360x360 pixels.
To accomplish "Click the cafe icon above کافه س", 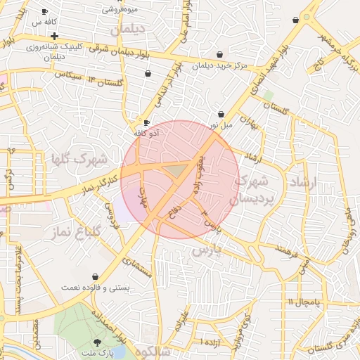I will [x=45, y=12].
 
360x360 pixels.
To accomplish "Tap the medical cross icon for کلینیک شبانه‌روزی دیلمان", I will [x=54, y=36].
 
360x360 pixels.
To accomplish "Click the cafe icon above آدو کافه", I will [x=146, y=122].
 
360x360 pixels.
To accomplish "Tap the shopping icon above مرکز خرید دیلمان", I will [x=220, y=54].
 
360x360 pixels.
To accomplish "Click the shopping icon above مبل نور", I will [x=221, y=114].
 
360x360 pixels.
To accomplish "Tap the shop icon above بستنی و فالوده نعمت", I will [x=95, y=277].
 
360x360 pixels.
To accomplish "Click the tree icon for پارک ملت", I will [x=97, y=342].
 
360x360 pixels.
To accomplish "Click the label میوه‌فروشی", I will [x=120, y=9].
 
